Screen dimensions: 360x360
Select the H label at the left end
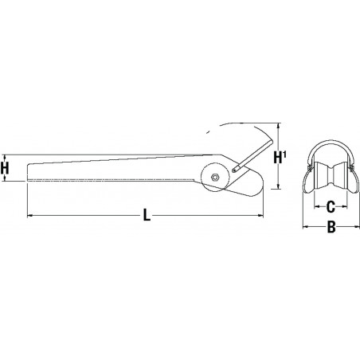tap(6, 168)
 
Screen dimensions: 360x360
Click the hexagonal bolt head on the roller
tap(216, 178)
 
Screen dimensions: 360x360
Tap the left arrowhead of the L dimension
tap(31, 215)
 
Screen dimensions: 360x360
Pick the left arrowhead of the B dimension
tap(306, 229)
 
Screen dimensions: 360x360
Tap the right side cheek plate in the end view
tap(351, 179)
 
